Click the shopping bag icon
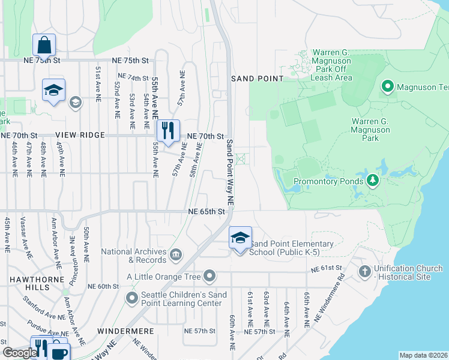pyautogui.click(x=44, y=44)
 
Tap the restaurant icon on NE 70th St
pyautogui.click(x=168, y=131)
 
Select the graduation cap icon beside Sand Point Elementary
pyautogui.click(x=240, y=238)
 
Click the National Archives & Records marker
pyautogui.click(x=176, y=255)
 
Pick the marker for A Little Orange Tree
pyautogui.click(x=209, y=276)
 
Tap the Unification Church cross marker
pyautogui.click(x=364, y=272)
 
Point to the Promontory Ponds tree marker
pyautogui.click(x=373, y=180)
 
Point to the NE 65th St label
pyautogui.click(x=206, y=212)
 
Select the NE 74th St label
pyautogui.click(x=133, y=77)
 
